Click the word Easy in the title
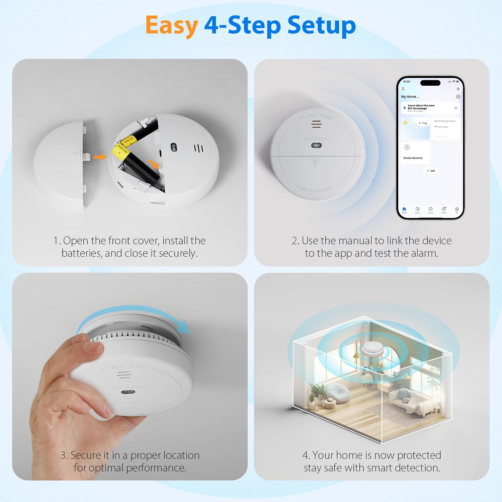(x=172, y=26)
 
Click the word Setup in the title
(x=321, y=26)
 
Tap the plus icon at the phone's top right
(x=458, y=89)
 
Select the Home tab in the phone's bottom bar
(x=404, y=210)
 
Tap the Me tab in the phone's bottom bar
(x=456, y=210)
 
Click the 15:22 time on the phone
(x=406, y=82)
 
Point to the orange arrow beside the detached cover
(x=99, y=157)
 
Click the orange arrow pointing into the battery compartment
(x=154, y=164)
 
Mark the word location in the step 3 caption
(x=181, y=455)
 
